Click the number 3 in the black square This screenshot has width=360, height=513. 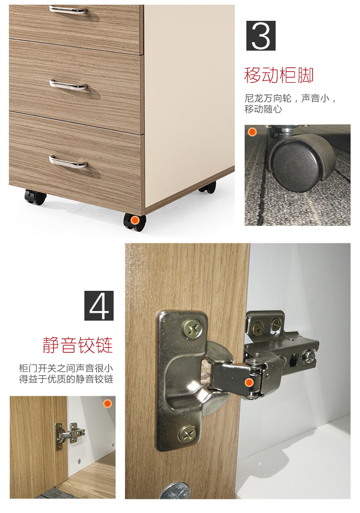[x=260, y=36]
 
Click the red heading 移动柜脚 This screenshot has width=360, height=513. [x=278, y=75]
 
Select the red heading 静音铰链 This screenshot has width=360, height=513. [x=78, y=344]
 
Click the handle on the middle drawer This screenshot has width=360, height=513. [x=68, y=85]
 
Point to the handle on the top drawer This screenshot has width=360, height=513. [x=68, y=10]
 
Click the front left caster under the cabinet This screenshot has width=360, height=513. [x=35, y=197]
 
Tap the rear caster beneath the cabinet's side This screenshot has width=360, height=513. [x=207, y=187]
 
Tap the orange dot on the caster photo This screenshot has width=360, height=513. [x=252, y=132]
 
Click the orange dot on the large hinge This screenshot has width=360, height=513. [x=249, y=382]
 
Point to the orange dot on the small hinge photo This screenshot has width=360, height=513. [x=107, y=403]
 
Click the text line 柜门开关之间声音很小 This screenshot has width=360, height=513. [x=66, y=368]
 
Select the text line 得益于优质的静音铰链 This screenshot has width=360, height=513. [x=66, y=379]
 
